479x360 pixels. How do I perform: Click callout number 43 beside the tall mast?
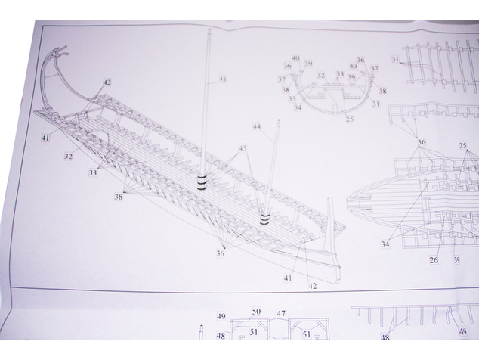(x=223, y=79)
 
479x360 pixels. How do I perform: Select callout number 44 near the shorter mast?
(x=257, y=126)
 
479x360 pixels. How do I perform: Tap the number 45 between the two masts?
(x=243, y=148)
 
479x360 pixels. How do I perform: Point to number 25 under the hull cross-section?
(x=350, y=119)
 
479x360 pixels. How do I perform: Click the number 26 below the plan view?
(x=434, y=260)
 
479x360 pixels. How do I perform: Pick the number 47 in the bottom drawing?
(x=281, y=314)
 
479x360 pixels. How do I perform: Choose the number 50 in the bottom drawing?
(x=256, y=312)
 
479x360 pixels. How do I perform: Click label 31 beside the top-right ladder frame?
(x=396, y=59)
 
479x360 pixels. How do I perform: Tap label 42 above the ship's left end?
(x=107, y=82)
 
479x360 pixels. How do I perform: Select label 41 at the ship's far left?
(x=45, y=138)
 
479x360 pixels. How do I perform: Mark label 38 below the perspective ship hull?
(x=119, y=197)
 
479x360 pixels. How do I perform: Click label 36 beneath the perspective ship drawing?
(x=221, y=253)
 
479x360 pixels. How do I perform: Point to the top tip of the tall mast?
(x=209, y=29)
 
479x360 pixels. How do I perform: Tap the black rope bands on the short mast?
(x=264, y=219)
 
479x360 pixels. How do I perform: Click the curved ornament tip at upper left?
(x=64, y=48)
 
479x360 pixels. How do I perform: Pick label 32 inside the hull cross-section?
(x=320, y=75)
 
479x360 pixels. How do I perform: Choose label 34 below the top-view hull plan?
(x=385, y=244)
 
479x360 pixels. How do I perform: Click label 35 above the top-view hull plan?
(x=463, y=146)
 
